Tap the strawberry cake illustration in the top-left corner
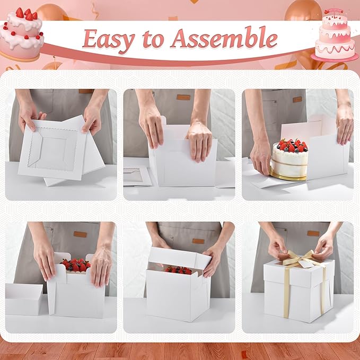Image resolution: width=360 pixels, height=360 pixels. click(22, 32)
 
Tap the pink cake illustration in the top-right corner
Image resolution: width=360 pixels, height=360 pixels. click(335, 36)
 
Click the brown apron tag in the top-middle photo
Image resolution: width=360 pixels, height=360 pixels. click(183, 97)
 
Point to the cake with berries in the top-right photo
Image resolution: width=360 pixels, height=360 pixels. click(289, 158)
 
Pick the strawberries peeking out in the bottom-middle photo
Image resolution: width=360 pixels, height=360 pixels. click(179, 270)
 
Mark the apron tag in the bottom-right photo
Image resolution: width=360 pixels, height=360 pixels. click(313, 233)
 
